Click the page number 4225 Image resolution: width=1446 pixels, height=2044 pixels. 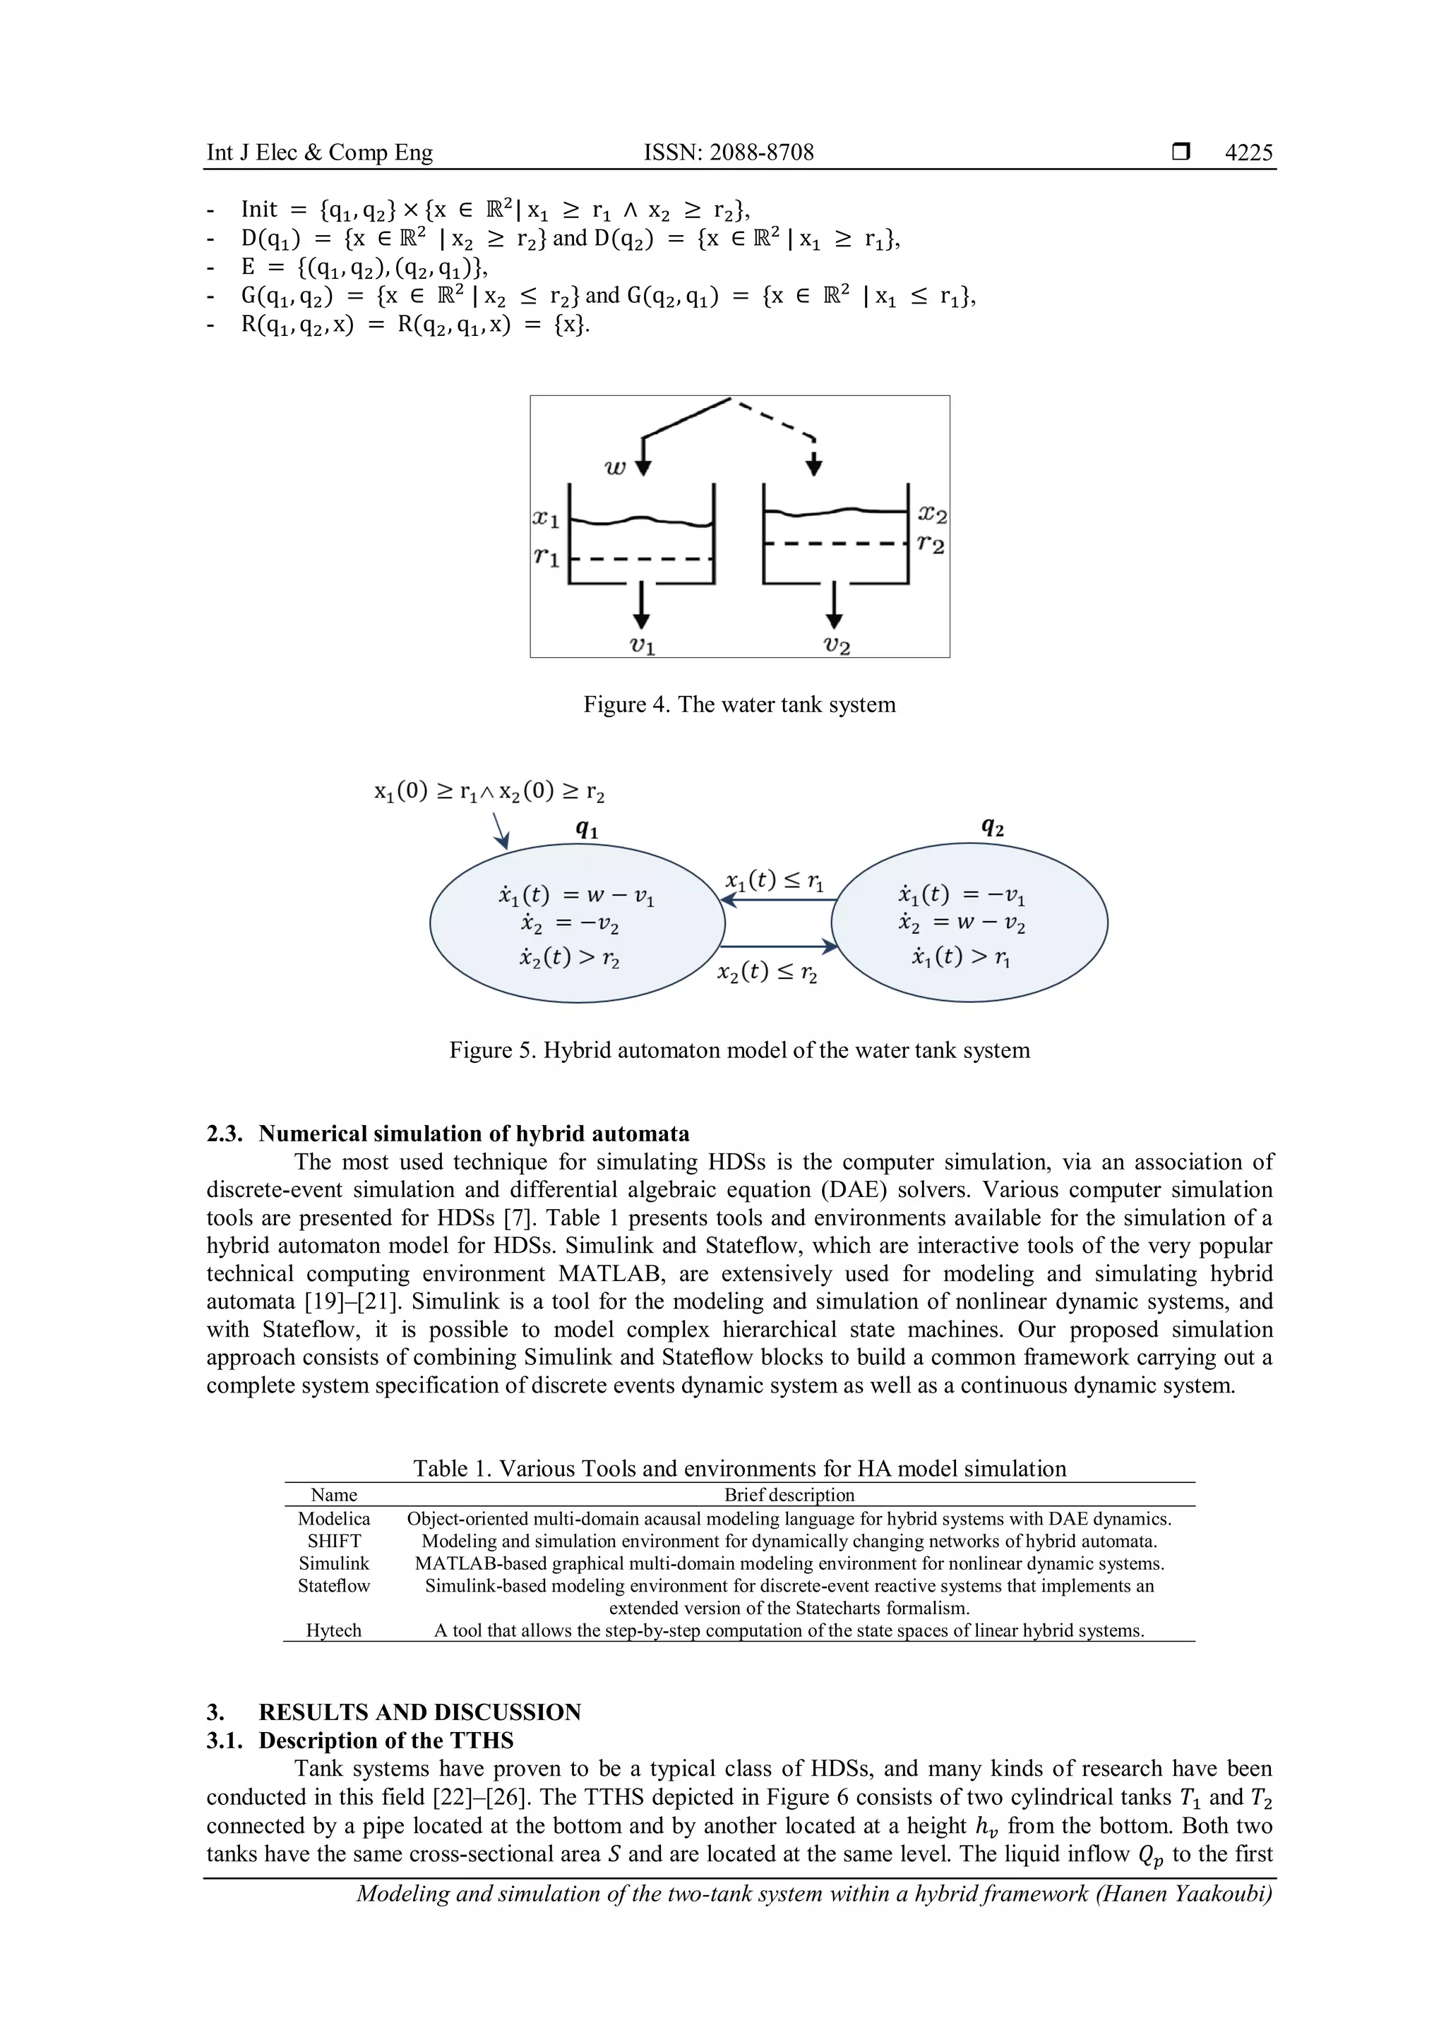(1248, 152)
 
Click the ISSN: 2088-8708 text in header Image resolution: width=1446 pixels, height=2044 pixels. (729, 152)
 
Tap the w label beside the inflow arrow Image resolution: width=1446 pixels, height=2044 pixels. (615, 467)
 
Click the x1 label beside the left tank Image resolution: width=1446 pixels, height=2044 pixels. (545, 517)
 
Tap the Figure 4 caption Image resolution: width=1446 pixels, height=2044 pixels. (739, 704)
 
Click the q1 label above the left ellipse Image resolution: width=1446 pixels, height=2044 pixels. (587, 829)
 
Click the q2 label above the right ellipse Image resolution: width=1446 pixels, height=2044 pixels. (992, 827)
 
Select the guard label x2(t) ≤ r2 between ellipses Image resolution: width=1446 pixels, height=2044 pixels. (767, 972)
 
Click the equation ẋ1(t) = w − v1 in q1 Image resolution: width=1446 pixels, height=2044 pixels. (576, 896)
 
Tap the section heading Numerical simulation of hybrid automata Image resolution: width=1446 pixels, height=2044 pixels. (474, 1134)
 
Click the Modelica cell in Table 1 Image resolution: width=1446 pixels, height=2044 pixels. (334, 1519)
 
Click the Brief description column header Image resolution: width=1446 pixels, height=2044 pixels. (789, 1495)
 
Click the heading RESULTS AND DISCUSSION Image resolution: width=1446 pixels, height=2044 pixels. (419, 1712)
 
